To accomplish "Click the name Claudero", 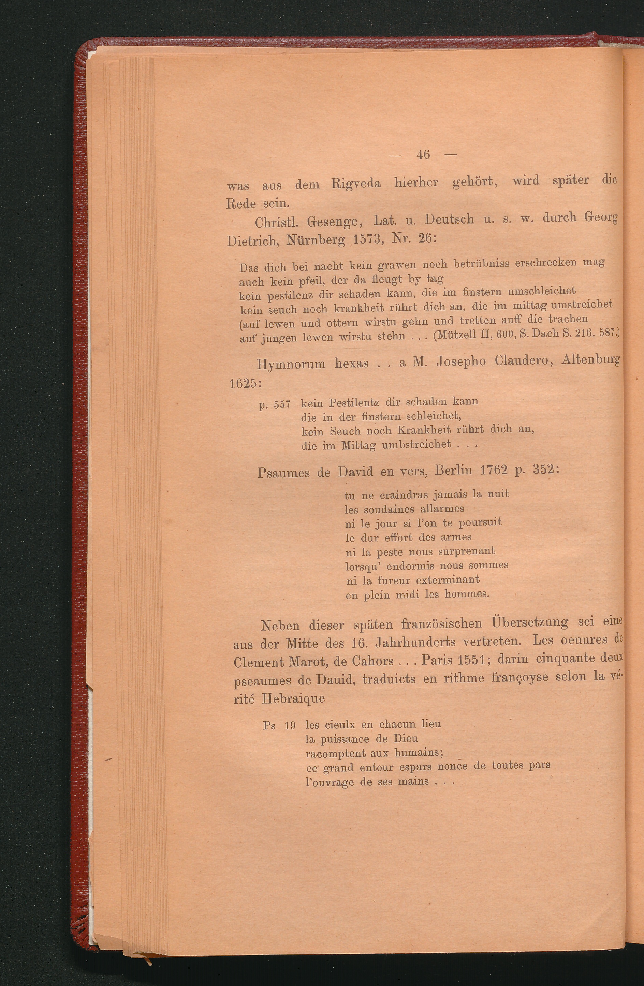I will (x=522, y=361).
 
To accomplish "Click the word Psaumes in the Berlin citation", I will (x=283, y=472).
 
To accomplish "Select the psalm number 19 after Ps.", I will (x=290, y=726).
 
